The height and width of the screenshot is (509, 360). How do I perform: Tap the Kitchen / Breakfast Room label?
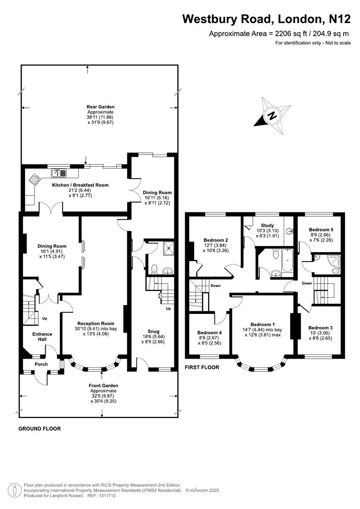tap(80, 185)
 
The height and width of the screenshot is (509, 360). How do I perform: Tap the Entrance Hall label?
tap(42, 337)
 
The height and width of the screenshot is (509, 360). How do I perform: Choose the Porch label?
tap(41, 364)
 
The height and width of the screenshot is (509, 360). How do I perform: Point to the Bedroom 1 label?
tap(263, 324)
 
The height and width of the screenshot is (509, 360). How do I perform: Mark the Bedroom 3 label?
tap(320, 328)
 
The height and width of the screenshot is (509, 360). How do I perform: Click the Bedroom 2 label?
tap(216, 239)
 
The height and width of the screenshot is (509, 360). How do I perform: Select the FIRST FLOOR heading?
tap(202, 367)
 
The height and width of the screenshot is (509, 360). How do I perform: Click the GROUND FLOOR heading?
tap(39, 429)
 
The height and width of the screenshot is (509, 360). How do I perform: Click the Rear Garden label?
tap(100, 107)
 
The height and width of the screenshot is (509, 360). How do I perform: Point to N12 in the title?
tap(338, 19)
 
